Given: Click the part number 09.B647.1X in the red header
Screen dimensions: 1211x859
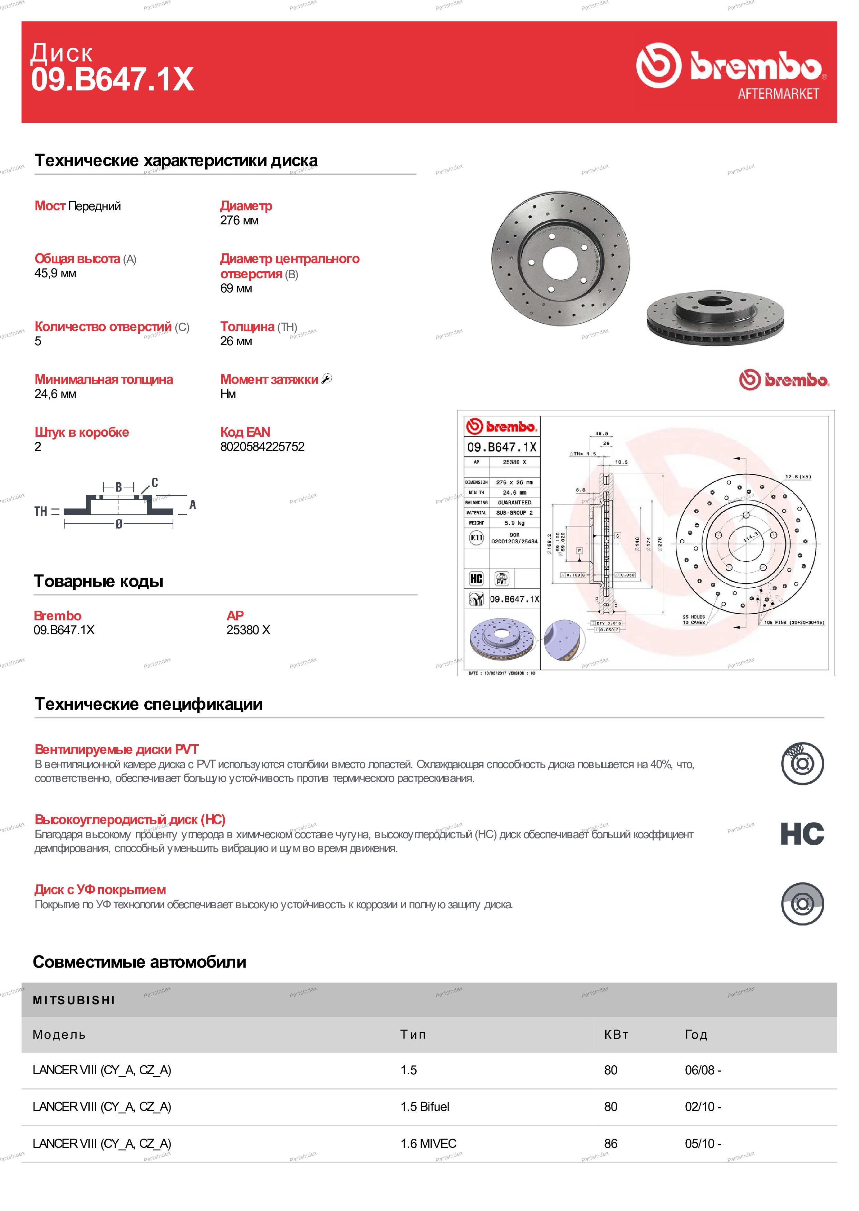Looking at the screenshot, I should [x=112, y=80].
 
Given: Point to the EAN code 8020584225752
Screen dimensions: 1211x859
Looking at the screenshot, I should [x=262, y=447].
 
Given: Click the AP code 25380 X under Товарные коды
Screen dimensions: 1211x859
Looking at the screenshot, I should [x=248, y=630].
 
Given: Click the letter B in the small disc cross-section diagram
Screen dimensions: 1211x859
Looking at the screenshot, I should [x=118, y=487].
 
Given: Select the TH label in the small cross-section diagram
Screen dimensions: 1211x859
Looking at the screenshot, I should [x=41, y=511].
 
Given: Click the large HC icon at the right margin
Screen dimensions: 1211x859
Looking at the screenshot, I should [x=802, y=834].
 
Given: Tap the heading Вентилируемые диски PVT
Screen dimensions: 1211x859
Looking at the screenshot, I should [x=116, y=749].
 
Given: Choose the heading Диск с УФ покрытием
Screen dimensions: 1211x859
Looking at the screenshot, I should [x=100, y=890].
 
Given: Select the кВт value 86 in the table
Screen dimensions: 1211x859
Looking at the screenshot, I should [x=610, y=1143].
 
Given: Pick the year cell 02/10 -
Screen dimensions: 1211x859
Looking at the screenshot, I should [x=703, y=1107].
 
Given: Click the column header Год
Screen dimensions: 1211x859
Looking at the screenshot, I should [x=696, y=1034].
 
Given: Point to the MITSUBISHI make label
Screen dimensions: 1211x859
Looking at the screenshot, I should [x=74, y=1000].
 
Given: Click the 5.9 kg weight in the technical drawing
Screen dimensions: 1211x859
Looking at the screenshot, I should [x=514, y=523].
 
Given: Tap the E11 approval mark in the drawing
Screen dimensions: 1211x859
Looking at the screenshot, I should [x=476, y=538].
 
